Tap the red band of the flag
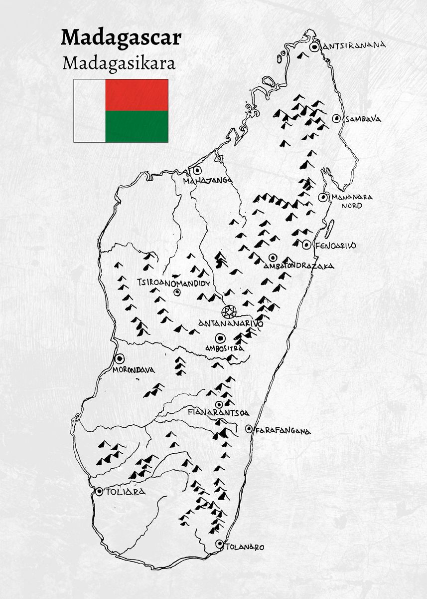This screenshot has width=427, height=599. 137,95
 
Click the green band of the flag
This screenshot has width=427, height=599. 137,126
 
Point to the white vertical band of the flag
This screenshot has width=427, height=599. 90,111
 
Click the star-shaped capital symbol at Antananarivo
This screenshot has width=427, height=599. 229,312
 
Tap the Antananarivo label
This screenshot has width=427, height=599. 231,323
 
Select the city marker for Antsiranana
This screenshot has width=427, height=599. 314,47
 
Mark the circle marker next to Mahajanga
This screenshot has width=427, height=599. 197,171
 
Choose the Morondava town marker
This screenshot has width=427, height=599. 120,358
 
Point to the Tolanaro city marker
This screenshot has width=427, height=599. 219,544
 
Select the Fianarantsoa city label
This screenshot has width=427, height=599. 218,413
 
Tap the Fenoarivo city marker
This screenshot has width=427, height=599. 306,245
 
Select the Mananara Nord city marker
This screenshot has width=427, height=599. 323,197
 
